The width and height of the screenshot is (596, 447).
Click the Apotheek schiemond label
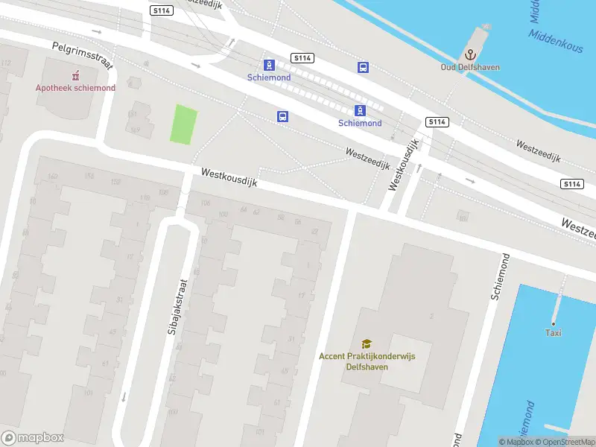pyautogui.click(x=75, y=88)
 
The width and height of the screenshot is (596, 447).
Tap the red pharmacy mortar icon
pyautogui.click(x=75, y=75)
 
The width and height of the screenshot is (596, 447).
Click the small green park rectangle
pyautogui.click(x=184, y=124)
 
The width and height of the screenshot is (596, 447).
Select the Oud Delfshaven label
pyautogui.click(x=469, y=67)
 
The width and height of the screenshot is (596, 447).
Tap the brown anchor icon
pyautogui.click(x=469, y=54)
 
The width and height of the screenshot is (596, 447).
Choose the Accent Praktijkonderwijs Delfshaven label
pyautogui.click(x=367, y=361)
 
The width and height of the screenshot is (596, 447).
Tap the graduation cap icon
pyautogui.click(x=367, y=343)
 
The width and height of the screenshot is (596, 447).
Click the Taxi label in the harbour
pyautogui.click(x=554, y=333)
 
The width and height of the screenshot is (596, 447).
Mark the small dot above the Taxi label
pyautogui.click(x=554, y=323)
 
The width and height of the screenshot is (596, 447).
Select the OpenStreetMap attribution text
pyautogui.click(x=568, y=442)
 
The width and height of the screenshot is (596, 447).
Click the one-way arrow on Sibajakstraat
pyautogui.click(x=124, y=396)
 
